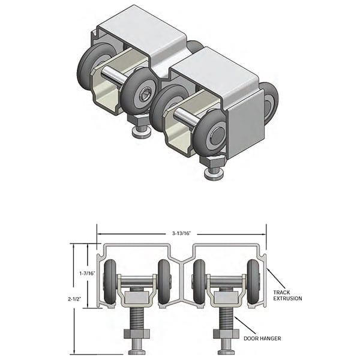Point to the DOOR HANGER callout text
[262, 338]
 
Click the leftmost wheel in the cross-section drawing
[110, 281]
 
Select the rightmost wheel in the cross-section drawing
[254, 281]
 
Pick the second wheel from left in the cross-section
[164, 281]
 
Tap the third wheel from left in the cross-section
[199, 281]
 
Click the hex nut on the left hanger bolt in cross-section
[137, 333]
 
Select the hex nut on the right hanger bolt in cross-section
[226, 333]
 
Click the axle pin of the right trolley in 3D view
[184, 116]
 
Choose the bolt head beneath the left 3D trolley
[142, 132]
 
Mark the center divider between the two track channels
[181, 273]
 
